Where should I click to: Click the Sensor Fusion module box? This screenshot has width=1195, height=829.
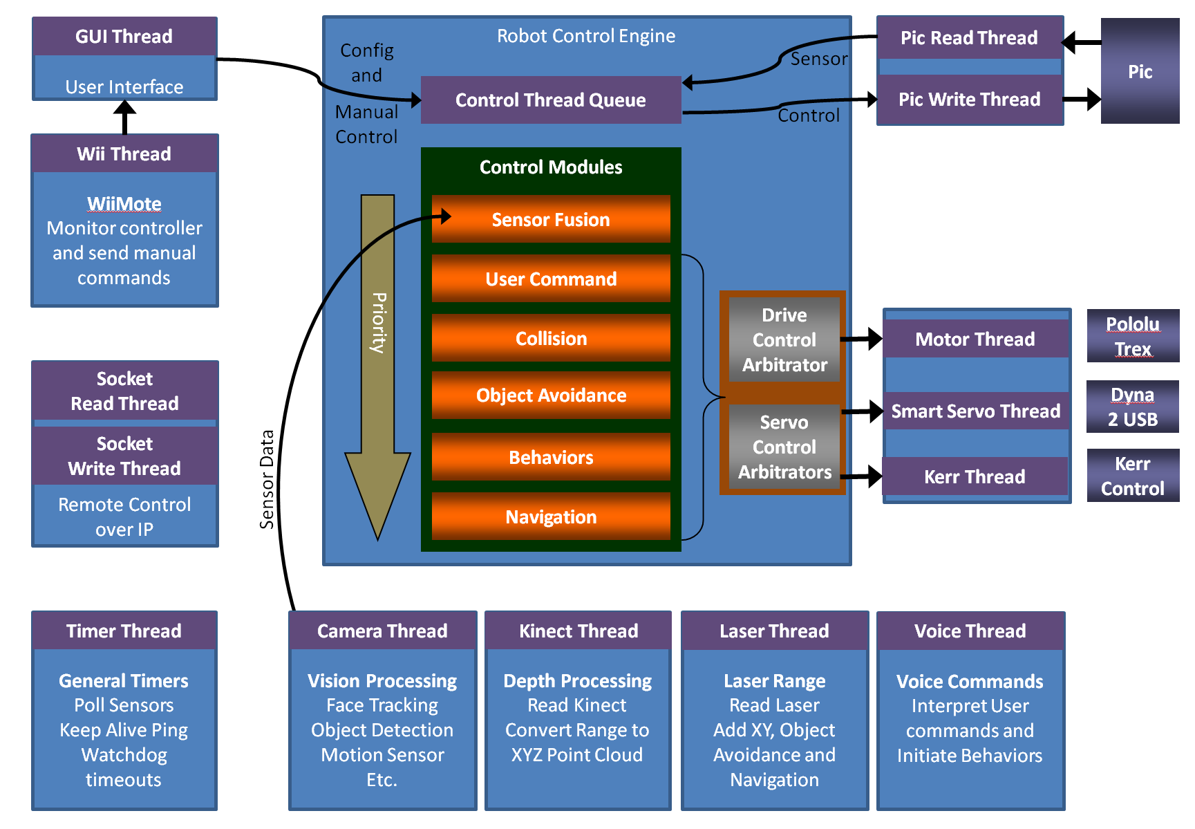[x=551, y=219]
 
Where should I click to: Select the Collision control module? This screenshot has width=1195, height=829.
[x=551, y=338]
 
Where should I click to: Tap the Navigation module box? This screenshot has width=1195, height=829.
[x=551, y=516]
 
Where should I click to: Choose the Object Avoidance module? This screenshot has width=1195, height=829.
[x=551, y=395]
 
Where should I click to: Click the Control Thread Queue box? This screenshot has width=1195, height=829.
[x=551, y=100]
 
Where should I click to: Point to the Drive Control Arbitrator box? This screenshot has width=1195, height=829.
[x=784, y=339]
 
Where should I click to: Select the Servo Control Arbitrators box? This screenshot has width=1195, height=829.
[x=784, y=447]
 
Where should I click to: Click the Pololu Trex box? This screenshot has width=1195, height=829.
[x=1133, y=336]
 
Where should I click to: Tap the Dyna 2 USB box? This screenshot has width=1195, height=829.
[x=1133, y=407]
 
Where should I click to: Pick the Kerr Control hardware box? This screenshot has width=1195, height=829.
[x=1133, y=476]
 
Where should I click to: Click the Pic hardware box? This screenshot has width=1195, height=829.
[x=1140, y=71]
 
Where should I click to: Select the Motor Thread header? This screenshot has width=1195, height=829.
[x=975, y=339]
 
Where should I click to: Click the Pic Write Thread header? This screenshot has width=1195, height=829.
[x=970, y=100]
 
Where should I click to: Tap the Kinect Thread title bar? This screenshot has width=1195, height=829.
[x=578, y=631]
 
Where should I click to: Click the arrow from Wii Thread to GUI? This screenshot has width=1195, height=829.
[x=124, y=117]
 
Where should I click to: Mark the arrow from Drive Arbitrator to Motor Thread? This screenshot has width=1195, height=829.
[x=861, y=339]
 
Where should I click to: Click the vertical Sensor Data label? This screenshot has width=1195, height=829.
[x=267, y=479]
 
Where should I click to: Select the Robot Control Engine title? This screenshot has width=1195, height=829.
[x=586, y=36]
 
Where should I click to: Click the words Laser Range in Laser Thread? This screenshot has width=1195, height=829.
[x=774, y=681]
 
